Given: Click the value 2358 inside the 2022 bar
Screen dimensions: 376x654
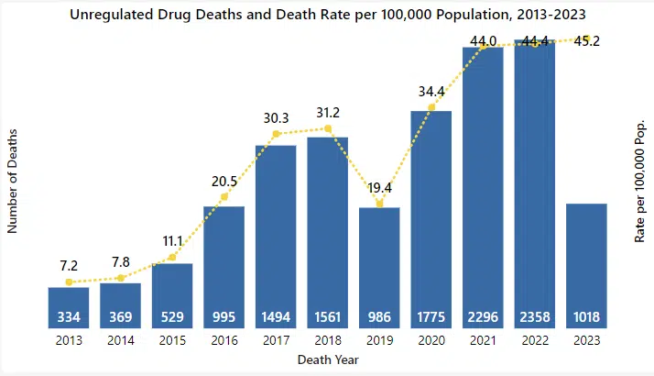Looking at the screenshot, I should point(535,317).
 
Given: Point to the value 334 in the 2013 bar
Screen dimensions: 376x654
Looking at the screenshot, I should point(69,317).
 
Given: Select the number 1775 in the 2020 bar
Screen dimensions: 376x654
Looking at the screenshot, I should point(431,317).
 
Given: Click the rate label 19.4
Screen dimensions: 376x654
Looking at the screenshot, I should point(379,186).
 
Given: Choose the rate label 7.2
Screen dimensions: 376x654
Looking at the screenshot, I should point(69,265).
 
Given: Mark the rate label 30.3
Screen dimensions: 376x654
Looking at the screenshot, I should point(275,117).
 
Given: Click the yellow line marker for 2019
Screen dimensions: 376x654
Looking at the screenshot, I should point(379,204).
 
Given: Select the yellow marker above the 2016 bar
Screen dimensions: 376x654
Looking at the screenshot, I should point(223,197).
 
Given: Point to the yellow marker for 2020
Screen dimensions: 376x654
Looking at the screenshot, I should point(431,109).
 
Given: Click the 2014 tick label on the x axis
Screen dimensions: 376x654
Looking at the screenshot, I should point(120,340).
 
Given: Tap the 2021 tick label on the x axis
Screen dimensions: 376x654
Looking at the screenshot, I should point(483,340).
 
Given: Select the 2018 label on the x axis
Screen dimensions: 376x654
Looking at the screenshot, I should point(327,340).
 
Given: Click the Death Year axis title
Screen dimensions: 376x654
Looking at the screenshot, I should point(327,360).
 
